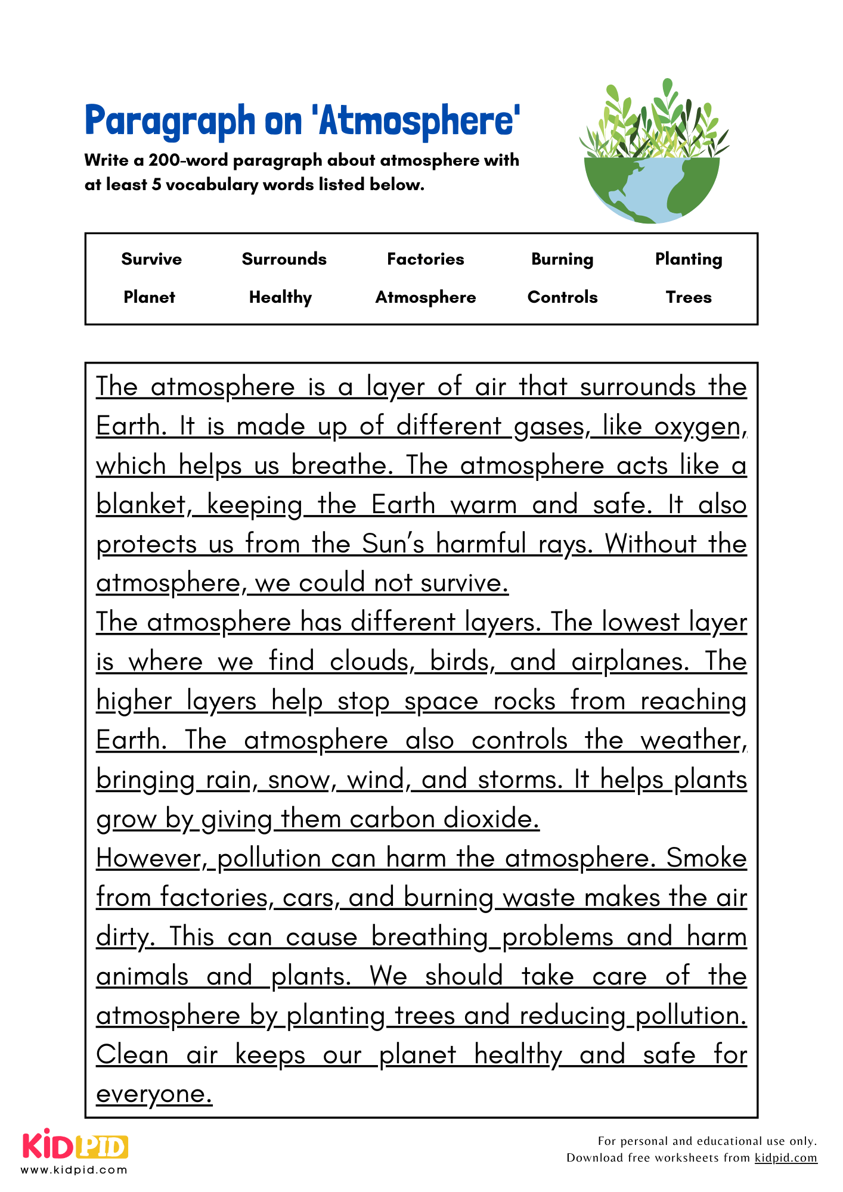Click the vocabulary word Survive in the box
pos(151,259)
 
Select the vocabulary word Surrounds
pos(284,259)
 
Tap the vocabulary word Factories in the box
pos(425,259)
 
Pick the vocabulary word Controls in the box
pos(562,297)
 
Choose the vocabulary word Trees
pos(689,297)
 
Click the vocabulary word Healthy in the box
pos(280,297)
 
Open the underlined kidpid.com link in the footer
pos(785,1157)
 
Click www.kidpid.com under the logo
pos(75,1170)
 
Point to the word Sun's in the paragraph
pos(393,544)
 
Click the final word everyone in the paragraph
pos(154,1094)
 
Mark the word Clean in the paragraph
pos(132,1055)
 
